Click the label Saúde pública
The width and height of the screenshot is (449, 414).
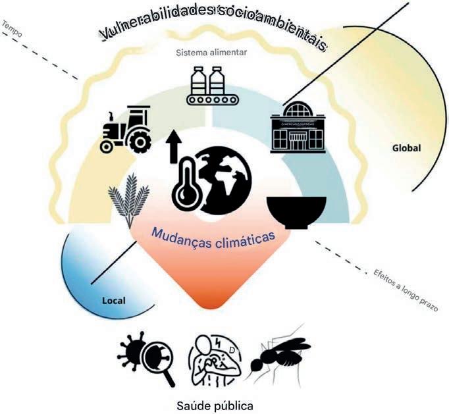tap(215, 400)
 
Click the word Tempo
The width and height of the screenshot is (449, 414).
tap(13, 27)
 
